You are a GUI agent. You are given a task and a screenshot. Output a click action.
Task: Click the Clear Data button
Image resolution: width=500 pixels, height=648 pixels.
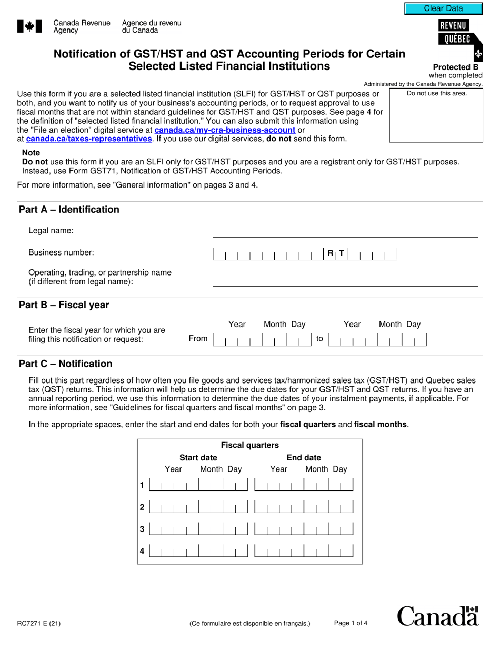pyautogui.click(x=443, y=8)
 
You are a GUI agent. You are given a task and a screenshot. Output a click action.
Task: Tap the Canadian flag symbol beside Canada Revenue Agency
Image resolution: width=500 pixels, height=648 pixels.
pyautogui.click(x=26, y=26)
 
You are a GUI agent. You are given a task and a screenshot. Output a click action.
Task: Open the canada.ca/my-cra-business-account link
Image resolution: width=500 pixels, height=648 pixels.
pyautogui.click(x=225, y=130)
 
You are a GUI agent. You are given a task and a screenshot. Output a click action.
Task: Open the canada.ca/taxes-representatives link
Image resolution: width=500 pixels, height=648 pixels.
pyautogui.click(x=89, y=139)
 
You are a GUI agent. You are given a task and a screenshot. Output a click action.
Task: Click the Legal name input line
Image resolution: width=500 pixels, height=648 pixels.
pyautogui.click(x=345, y=231)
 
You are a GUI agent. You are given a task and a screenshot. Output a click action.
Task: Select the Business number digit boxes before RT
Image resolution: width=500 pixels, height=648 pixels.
pyautogui.click(x=268, y=254)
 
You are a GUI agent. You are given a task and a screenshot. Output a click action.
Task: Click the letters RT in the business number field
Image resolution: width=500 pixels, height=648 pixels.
pyautogui.click(x=335, y=253)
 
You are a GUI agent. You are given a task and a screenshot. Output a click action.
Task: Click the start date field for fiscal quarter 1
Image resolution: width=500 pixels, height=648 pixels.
pyautogui.click(x=198, y=484)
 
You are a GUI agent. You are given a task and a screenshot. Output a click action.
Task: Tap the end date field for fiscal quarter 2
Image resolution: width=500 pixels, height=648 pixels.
pyautogui.click(x=304, y=507)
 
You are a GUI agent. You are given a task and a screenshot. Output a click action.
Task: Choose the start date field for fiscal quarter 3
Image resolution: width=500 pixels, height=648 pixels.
pyautogui.click(x=198, y=529)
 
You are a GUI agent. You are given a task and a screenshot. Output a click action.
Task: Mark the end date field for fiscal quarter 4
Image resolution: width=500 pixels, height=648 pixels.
pyautogui.click(x=304, y=552)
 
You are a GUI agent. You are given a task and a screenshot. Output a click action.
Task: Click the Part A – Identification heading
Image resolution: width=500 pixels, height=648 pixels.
pyautogui.click(x=69, y=210)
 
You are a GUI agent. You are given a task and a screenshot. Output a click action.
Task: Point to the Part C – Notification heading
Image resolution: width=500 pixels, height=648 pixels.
pyautogui.click(x=65, y=364)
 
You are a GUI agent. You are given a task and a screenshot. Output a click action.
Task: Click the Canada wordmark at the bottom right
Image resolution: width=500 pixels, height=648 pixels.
pyautogui.click(x=437, y=616)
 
